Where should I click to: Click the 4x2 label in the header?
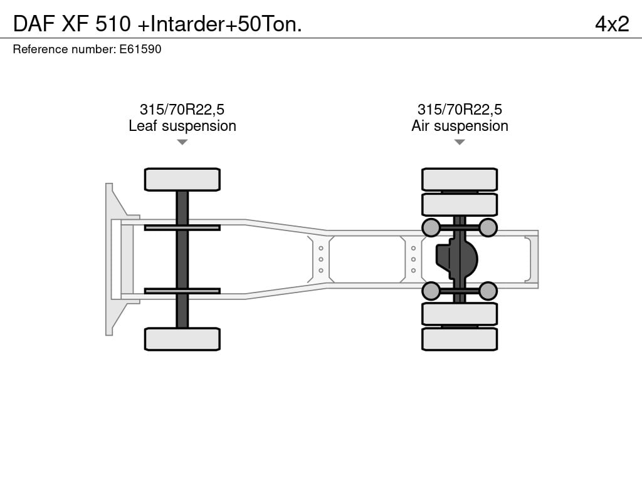[x=612, y=24]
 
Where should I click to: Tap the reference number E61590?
[x=140, y=49]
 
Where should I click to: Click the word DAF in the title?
[x=34, y=24]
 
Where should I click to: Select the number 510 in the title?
[x=113, y=24]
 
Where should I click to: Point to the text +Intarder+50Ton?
[x=220, y=24]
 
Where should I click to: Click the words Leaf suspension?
[x=182, y=126]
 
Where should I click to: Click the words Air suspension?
[x=460, y=126]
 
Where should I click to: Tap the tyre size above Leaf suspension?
[x=182, y=110]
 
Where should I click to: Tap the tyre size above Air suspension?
[x=460, y=110]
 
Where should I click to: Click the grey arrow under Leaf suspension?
[x=182, y=142]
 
